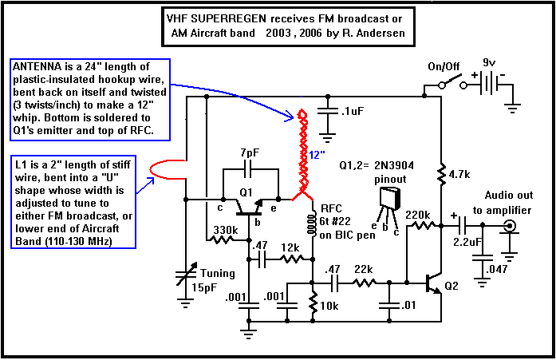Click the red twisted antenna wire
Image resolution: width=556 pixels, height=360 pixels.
tap(304, 152)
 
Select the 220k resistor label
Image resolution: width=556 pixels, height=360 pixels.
tap(421, 214)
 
